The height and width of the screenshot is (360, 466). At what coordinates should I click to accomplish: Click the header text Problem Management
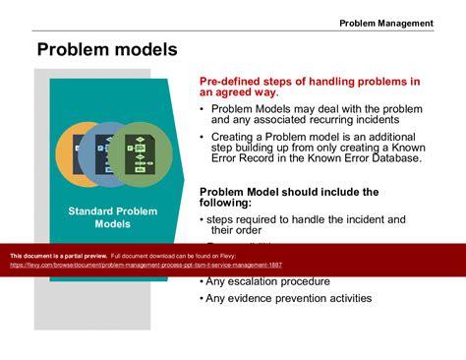click(385, 23)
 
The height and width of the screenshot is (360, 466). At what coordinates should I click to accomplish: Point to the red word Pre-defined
click(232, 81)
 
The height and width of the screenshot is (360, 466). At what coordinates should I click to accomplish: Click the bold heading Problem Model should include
click(302, 192)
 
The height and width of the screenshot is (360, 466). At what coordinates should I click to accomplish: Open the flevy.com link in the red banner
click(146, 266)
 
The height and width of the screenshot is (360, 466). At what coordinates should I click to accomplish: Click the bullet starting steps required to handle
click(305, 219)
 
